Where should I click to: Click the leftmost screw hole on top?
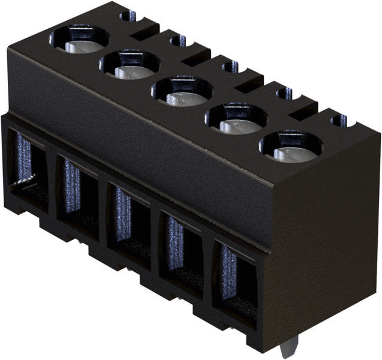tap(79, 40)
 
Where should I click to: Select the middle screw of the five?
tap(181, 91)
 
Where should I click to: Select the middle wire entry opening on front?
tap(129, 220)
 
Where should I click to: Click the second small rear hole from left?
tap(178, 41)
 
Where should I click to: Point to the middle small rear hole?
tap(229, 67)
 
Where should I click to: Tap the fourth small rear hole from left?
tap(284, 94)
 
